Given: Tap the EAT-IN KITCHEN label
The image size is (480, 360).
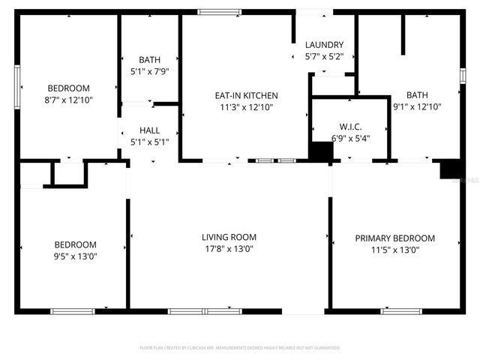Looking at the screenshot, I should tap(246, 95).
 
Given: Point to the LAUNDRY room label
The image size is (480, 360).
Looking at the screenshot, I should tap(324, 45).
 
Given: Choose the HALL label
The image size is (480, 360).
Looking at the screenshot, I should tap(149, 130).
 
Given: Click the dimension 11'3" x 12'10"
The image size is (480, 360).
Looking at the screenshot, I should tap(246, 107).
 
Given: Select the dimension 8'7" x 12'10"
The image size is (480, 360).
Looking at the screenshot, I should tap(69, 99).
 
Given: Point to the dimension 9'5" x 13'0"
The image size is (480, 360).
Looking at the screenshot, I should tap(75, 256).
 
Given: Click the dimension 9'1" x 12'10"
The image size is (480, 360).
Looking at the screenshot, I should tap(417, 106).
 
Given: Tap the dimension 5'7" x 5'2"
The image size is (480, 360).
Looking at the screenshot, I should tap(324, 56).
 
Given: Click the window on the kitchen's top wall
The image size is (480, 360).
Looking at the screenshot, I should tap(219, 12).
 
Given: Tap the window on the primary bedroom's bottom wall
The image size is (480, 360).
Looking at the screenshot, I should tap(396, 310).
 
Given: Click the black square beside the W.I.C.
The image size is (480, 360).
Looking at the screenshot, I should tap(321, 151).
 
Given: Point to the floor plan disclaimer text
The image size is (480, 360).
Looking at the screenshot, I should tap(240, 348).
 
